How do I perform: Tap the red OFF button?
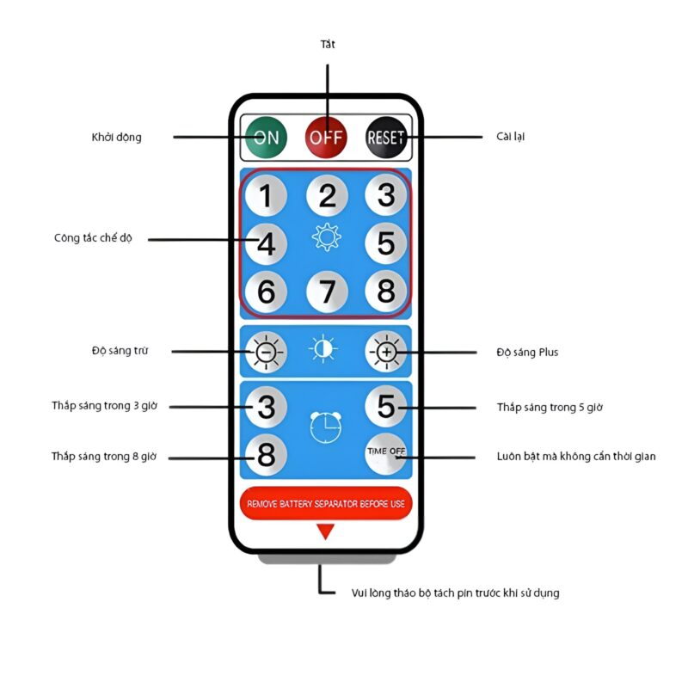(x=327, y=137)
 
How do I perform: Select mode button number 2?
(x=327, y=196)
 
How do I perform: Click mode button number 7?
(x=327, y=292)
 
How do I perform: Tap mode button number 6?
(x=267, y=292)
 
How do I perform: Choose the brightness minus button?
(x=267, y=352)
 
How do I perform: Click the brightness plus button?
(x=386, y=352)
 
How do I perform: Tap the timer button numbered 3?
(x=267, y=406)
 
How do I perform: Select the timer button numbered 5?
(x=386, y=406)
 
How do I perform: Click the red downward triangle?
(x=325, y=532)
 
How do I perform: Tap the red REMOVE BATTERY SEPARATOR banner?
(x=326, y=503)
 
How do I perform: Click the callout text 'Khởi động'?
(x=117, y=137)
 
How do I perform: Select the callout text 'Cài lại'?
(x=511, y=137)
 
